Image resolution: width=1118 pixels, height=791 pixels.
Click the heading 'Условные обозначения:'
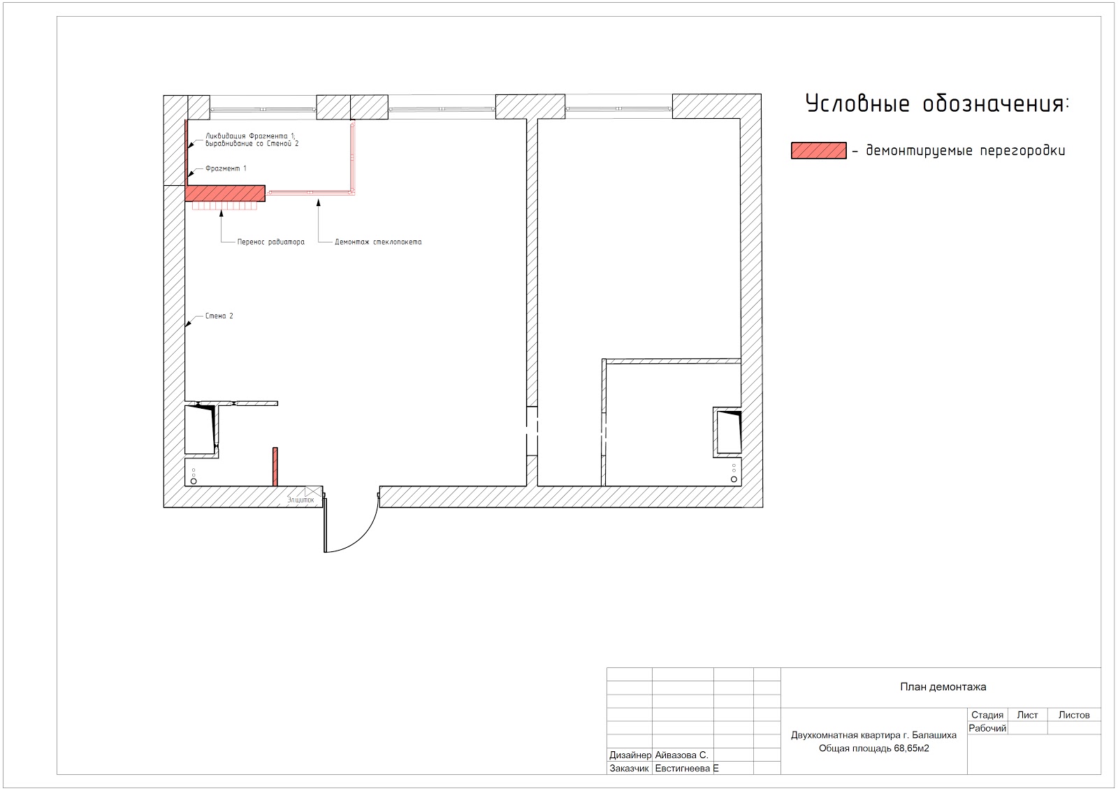[x=937, y=104]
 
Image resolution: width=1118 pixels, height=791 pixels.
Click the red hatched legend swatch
[x=818, y=151]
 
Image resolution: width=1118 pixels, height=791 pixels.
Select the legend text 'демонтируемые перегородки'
[x=965, y=151]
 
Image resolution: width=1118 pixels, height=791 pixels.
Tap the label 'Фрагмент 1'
[x=226, y=168]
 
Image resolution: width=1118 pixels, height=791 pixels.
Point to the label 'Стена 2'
[x=219, y=316]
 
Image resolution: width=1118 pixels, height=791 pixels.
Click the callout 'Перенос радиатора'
[x=270, y=242]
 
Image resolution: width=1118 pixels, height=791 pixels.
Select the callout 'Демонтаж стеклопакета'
[x=378, y=242]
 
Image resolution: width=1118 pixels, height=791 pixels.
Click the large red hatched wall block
[x=225, y=193]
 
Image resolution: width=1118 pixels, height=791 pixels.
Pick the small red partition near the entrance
[x=275, y=467]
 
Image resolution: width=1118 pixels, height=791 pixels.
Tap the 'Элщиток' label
[x=301, y=500]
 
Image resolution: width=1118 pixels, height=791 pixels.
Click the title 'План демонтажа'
[x=943, y=687]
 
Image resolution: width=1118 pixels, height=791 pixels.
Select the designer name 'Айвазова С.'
[x=681, y=755]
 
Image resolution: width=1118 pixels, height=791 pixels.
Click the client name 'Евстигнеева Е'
[x=687, y=769]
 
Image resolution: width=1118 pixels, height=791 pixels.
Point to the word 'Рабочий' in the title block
[x=987, y=728]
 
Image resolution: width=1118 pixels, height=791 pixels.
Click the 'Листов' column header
[x=1073, y=715]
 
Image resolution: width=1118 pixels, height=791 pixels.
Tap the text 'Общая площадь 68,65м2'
[x=874, y=748]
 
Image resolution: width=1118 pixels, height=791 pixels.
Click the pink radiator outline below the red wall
[x=224, y=205]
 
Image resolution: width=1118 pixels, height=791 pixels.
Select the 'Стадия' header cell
[x=987, y=715]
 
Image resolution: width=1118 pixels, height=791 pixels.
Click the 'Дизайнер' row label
[x=630, y=755]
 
